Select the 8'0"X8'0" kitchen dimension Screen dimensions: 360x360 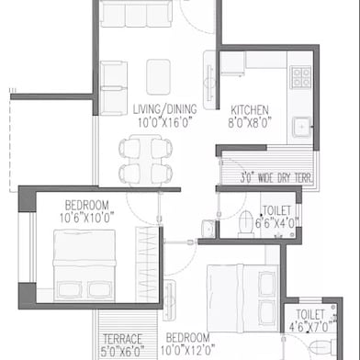point(249,121)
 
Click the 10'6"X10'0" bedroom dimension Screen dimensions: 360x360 point(87,217)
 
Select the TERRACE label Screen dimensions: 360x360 point(122,338)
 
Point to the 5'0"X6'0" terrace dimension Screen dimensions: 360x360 point(122,350)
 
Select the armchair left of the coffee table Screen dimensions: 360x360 point(113,76)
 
